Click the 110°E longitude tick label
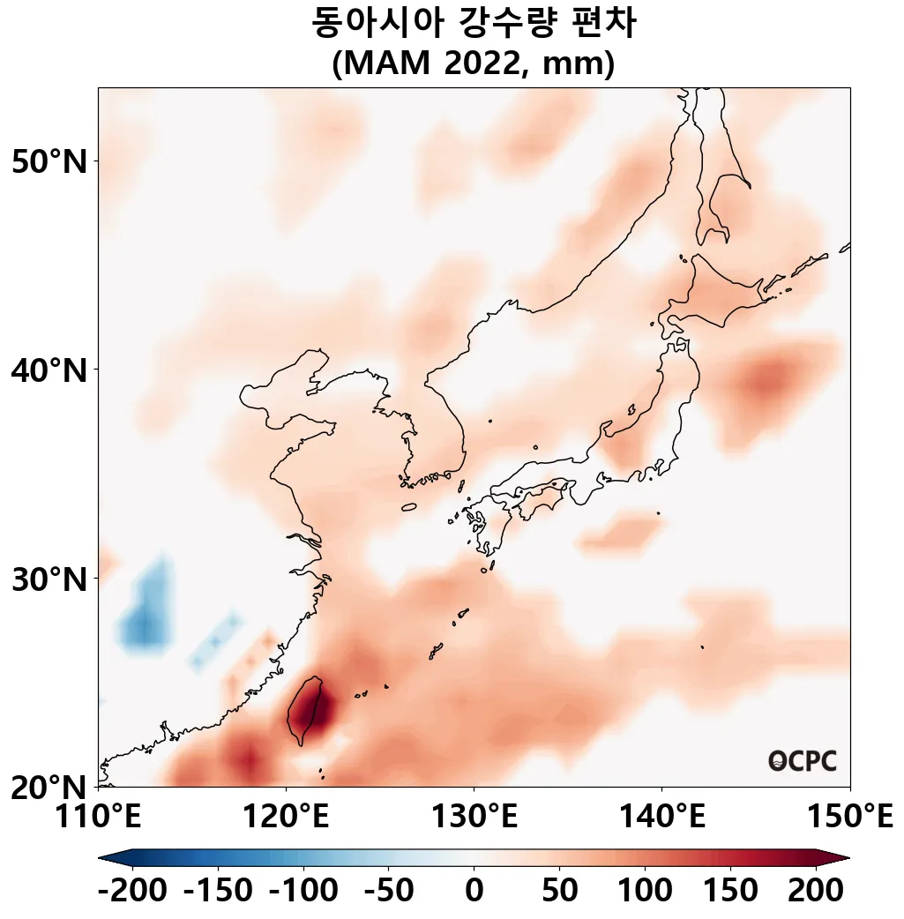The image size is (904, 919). pos(98,817)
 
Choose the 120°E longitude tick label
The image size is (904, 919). pos(286,817)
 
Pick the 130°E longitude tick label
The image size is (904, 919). pos(474,817)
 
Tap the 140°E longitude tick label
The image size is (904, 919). pos(661,817)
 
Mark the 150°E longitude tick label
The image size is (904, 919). pos(849,817)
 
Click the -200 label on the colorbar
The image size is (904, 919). pos(132,891)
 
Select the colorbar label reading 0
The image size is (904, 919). pos(474,891)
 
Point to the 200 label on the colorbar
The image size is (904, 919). pos(815,891)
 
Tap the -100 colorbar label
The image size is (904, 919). pos(303,891)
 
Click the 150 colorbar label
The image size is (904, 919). pos(729,891)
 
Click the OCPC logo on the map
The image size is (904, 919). pos(802,760)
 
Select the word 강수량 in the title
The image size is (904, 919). pos(507,24)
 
